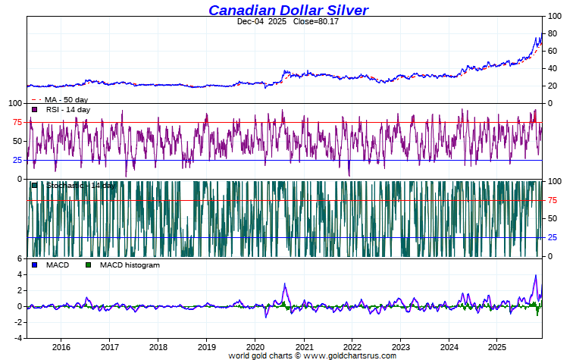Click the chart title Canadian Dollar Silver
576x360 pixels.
(288, 10)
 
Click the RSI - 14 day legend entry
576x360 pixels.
(67, 110)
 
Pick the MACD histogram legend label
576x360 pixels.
(130, 265)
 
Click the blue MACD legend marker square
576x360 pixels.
(34, 265)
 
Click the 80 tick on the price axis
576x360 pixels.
(554, 33)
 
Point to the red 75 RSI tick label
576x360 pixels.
(16, 122)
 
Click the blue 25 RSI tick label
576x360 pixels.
(16, 160)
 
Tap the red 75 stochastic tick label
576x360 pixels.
(554, 200)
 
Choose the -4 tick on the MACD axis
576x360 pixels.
(17, 337)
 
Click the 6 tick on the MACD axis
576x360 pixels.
(19, 259)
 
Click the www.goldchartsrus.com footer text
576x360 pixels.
(349, 355)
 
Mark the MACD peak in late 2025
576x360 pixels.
(536, 276)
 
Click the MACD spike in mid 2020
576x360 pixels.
(284, 285)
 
